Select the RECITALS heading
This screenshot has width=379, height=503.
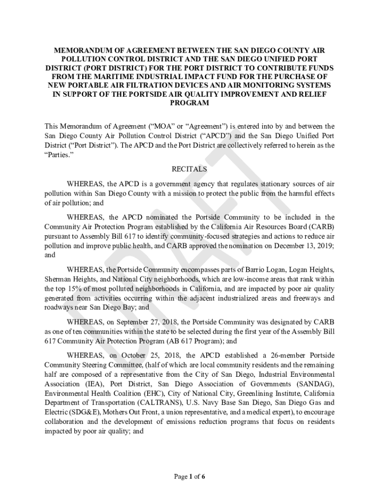pos(189,169)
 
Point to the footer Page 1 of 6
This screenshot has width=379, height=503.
pos(189,476)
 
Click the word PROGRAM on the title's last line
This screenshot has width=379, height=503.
pos(189,103)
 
